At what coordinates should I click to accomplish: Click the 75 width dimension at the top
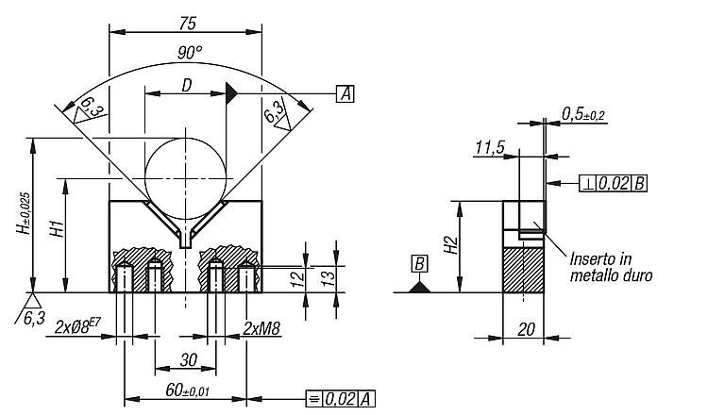[x=188, y=24]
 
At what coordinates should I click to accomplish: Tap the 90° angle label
[x=189, y=53]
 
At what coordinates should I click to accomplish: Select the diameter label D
[x=187, y=85]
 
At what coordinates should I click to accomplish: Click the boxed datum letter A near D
[x=345, y=93]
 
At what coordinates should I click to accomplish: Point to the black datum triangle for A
[x=231, y=93]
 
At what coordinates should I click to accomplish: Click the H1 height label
[x=58, y=229]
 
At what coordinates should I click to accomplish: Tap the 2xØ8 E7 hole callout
[x=77, y=325]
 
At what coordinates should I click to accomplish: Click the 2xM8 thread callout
[x=261, y=328]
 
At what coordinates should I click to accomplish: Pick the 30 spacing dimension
[x=188, y=360]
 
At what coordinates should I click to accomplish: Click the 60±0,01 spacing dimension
[x=188, y=390]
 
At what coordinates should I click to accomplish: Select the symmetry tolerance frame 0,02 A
[x=341, y=399]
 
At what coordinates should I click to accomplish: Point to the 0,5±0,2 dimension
[x=583, y=114]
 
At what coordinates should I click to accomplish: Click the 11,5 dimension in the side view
[x=489, y=147]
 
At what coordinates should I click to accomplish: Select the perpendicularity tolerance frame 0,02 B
[x=614, y=184]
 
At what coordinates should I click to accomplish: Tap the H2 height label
[x=451, y=245]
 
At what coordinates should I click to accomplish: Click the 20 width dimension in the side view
[x=526, y=330]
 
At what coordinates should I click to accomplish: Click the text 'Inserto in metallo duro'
[x=611, y=267]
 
